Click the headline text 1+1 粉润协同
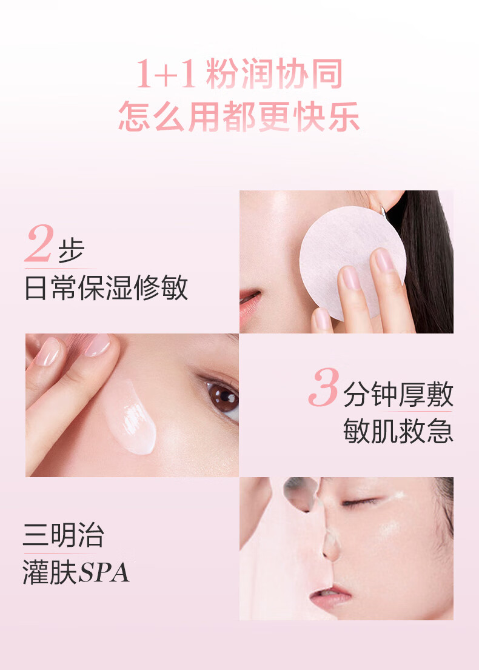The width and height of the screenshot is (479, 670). point(239,74)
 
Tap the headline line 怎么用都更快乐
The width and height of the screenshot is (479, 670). point(239,116)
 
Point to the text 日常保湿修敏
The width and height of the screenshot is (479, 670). point(106,287)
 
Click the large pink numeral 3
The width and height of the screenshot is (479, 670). point(324,387)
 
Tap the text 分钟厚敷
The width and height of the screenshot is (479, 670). point(398,394)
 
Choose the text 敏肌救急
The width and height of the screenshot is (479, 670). point(398,430)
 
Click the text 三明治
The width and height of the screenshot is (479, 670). point(63,535)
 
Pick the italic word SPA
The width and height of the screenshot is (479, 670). point(104,572)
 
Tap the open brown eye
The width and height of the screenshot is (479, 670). point(222,397)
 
